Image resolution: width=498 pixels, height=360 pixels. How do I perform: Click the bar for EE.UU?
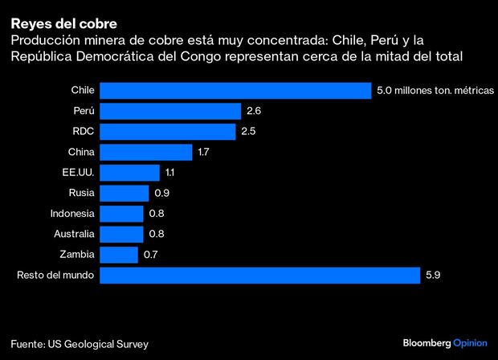click(x=131, y=172)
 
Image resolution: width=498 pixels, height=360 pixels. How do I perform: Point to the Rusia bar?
click(x=125, y=193)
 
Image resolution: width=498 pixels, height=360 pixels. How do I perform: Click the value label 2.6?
click(x=254, y=111)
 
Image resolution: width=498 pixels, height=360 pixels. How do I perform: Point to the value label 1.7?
click(x=204, y=152)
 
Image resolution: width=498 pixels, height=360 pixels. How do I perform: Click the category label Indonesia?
click(x=73, y=214)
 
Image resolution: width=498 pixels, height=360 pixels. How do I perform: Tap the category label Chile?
click(x=84, y=90)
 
